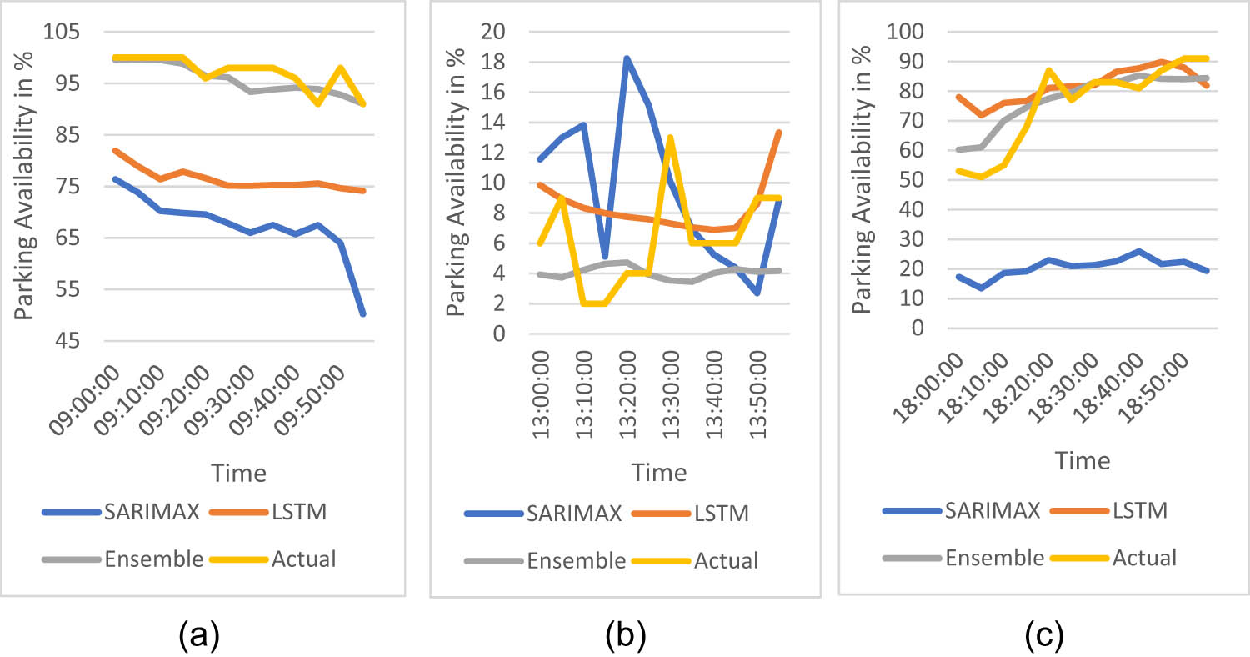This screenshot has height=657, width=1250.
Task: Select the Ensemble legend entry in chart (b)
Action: coord(576,560)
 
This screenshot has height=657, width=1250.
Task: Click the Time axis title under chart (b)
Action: coord(658,473)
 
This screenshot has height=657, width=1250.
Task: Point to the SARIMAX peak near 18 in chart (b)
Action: coord(626,58)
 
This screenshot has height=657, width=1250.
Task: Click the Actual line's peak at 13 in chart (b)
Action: coord(670,138)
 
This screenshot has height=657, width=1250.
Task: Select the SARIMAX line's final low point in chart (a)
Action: coord(363,314)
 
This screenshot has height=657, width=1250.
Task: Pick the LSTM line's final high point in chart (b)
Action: coord(778,133)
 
